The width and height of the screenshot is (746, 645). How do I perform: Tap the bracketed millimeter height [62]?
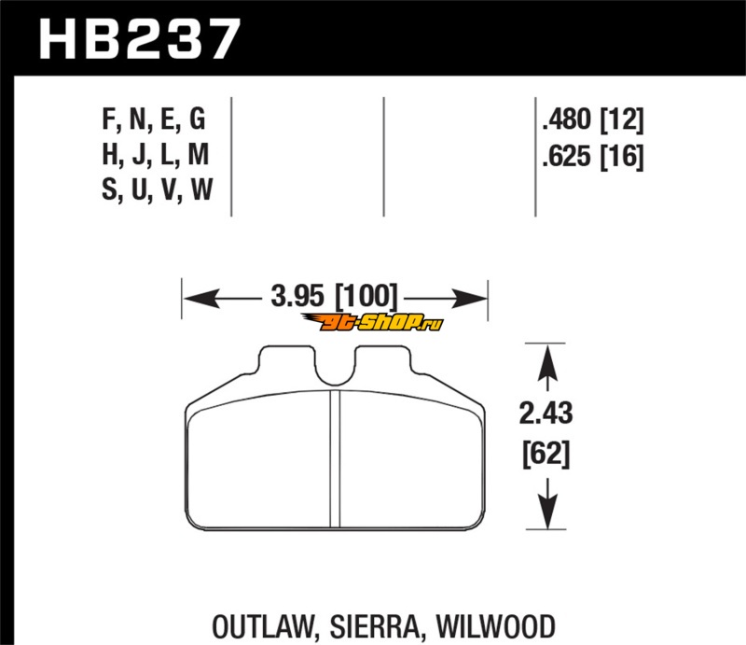546,456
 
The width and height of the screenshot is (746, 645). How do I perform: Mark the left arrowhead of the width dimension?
191,299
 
